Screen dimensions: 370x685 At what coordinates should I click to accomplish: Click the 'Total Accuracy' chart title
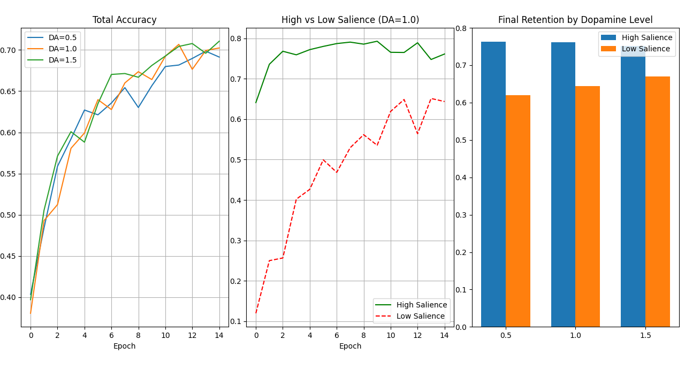124,20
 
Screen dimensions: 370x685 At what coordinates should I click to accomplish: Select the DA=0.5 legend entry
52,37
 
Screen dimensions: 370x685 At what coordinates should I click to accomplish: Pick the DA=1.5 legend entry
52,60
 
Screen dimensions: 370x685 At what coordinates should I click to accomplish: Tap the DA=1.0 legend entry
52,49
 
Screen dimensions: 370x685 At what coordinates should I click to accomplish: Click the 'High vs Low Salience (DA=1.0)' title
350,20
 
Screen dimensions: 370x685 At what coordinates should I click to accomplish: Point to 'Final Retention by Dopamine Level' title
575,20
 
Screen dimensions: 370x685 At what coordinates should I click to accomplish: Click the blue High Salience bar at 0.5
493,184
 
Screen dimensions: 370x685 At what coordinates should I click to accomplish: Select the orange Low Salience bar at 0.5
517,211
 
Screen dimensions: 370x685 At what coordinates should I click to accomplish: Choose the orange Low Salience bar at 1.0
588,206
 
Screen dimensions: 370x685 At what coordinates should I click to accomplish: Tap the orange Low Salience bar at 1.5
657,202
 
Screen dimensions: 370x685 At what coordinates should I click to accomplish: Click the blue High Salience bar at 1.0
563,184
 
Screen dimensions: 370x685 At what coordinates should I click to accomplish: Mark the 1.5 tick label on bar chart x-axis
645,335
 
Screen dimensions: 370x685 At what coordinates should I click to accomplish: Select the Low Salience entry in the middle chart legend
411,316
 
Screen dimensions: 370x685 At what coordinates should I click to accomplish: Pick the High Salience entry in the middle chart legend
411,305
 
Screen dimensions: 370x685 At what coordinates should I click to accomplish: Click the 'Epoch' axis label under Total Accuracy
124,346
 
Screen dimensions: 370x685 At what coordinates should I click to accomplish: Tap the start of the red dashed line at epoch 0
256,313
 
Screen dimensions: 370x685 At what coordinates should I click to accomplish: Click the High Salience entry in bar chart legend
637,37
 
